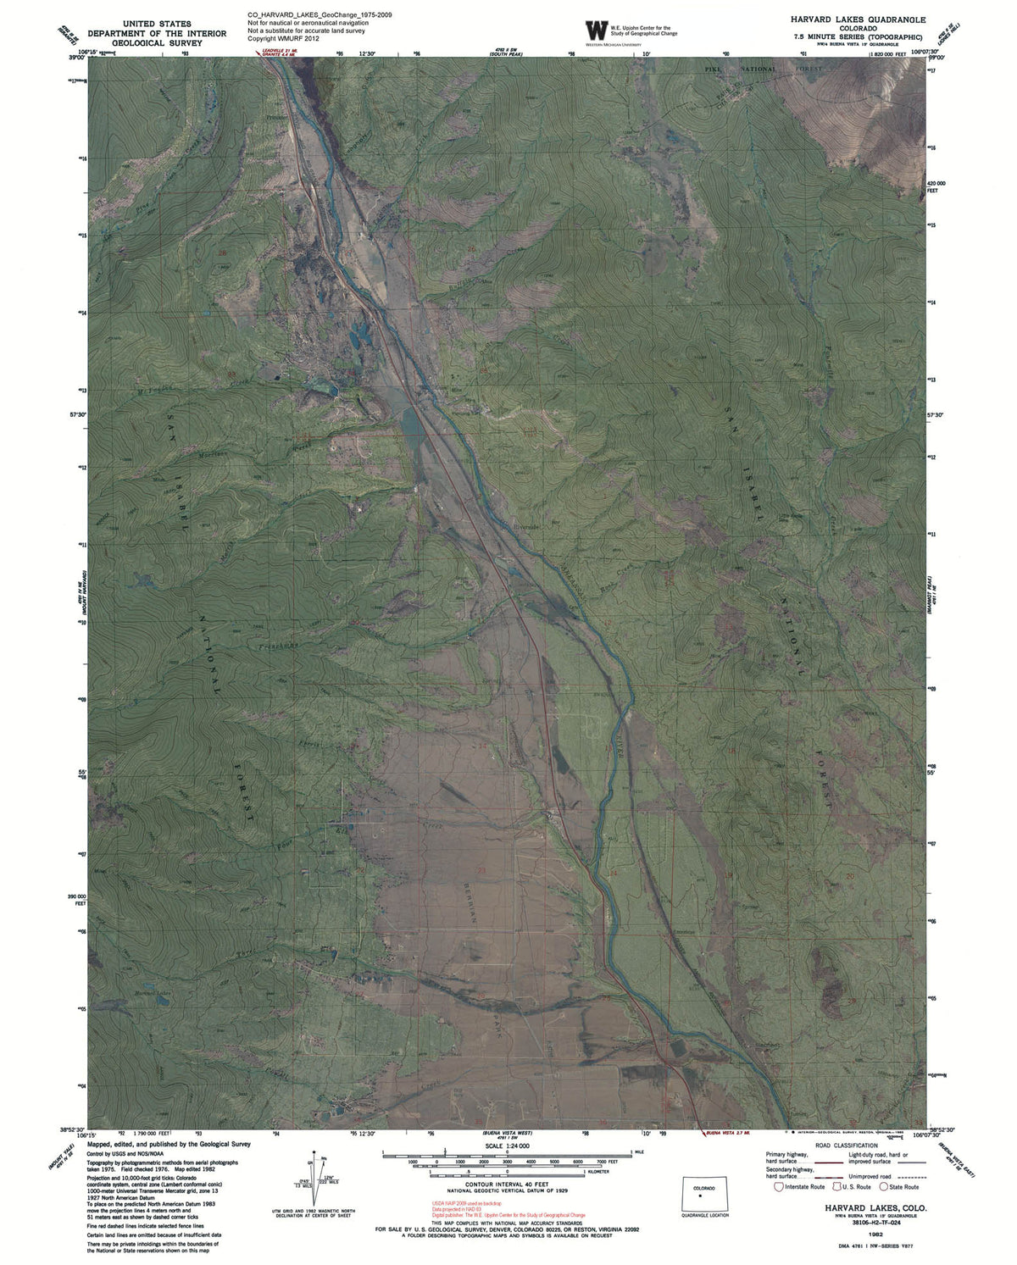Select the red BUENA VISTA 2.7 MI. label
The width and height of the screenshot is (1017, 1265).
point(727,1133)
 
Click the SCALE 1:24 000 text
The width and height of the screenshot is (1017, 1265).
point(507,1145)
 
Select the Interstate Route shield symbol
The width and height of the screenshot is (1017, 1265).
point(778,1187)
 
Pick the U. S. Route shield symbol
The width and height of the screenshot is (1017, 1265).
point(835,1187)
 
